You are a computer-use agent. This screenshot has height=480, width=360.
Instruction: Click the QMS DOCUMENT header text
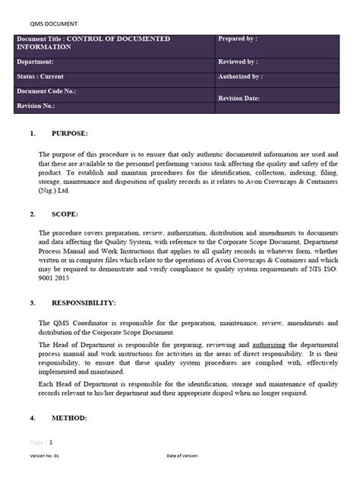pyautogui.click(x=43, y=24)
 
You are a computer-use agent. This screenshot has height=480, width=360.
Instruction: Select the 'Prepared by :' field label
pyautogui.click(x=238, y=38)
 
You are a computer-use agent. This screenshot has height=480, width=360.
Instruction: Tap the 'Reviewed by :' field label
pyautogui.click(x=238, y=61)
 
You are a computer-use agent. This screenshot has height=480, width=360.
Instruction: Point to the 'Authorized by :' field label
pyautogui.click(x=241, y=77)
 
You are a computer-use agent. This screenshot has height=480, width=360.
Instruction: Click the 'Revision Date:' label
pyautogui.click(x=239, y=99)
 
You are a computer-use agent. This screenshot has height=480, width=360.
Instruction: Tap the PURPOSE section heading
pyautogui.click(x=70, y=134)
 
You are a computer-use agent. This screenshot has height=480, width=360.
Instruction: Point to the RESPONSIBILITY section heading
pyautogui.click(x=84, y=303)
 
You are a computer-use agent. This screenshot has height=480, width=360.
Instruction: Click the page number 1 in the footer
pyautogui.click(x=51, y=441)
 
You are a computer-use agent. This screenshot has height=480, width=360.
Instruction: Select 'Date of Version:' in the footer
pyautogui.click(x=182, y=456)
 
